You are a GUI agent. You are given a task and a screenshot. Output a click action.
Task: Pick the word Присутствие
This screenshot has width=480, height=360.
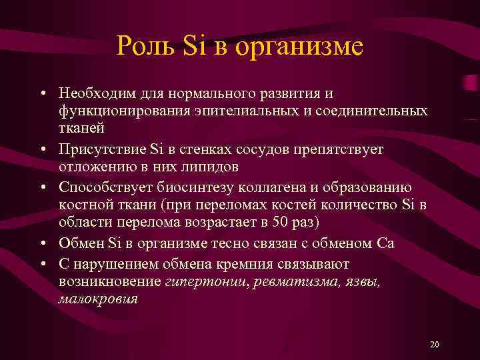(x=98, y=148)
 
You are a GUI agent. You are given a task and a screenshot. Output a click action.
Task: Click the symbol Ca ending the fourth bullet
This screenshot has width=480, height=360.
(x=386, y=243)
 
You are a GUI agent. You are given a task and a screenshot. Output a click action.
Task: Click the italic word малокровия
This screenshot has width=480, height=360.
(x=98, y=299)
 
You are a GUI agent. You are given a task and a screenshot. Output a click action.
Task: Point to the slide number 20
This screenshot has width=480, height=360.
(x=435, y=344)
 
